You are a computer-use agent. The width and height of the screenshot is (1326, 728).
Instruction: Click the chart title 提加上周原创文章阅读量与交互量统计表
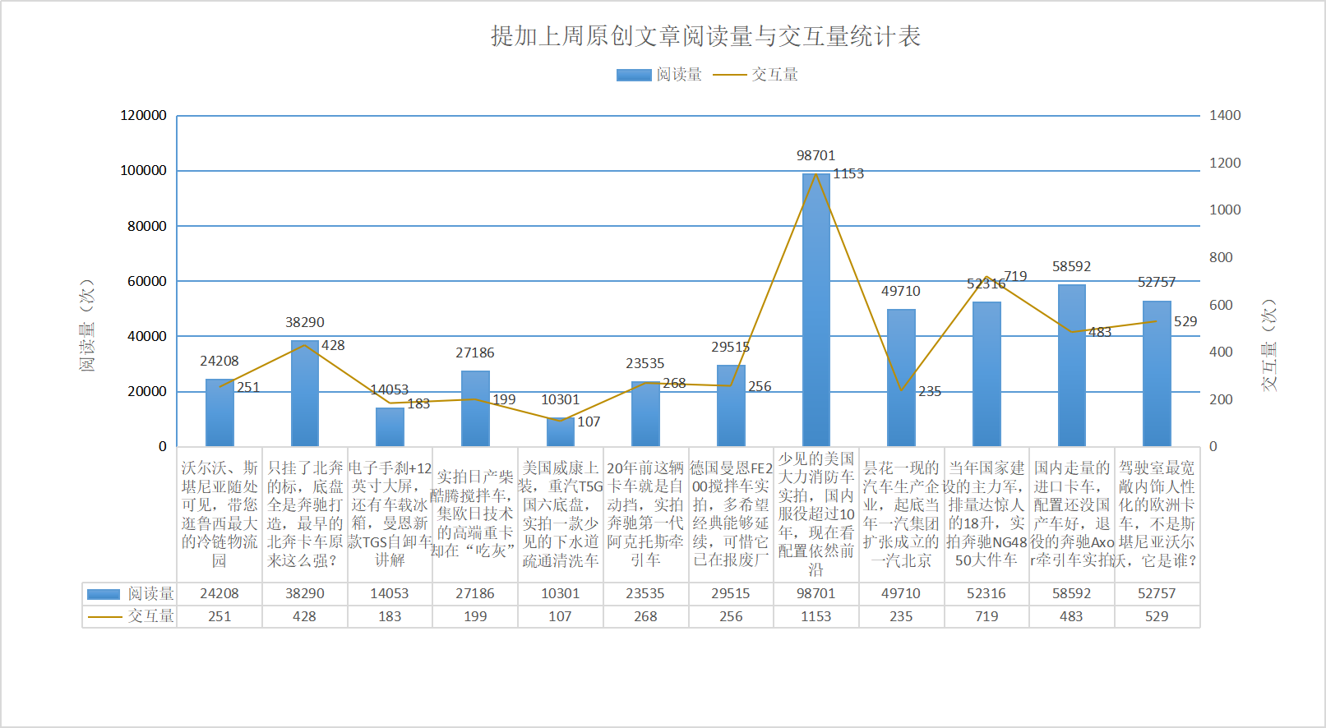[705, 36]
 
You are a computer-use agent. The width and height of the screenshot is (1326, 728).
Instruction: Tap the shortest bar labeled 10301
[560, 432]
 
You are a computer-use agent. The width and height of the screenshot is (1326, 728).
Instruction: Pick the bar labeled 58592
[1071, 365]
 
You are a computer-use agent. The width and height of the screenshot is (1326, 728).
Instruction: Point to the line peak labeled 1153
[815, 173]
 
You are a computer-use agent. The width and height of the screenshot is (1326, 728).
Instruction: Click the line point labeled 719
[986, 277]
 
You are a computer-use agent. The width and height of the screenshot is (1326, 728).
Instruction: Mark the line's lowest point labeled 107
[560, 421]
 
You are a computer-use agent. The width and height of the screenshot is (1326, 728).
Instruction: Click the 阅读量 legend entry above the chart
[660, 75]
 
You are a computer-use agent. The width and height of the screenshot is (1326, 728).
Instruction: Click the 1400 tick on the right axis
[1224, 116]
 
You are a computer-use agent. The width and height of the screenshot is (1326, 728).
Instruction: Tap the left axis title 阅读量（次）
[86, 325]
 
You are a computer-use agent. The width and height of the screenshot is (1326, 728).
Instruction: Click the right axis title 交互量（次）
[1269, 344]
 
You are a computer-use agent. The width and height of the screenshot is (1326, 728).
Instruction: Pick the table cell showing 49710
[901, 593]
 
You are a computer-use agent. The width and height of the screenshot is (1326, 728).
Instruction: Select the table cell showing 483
[1071, 616]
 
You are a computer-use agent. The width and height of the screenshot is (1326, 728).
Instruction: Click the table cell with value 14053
[390, 593]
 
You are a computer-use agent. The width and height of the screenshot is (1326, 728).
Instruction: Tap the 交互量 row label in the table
[132, 616]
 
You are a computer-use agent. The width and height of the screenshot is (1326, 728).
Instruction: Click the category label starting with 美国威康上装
[560, 514]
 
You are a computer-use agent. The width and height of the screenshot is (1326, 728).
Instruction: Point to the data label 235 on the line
[930, 392]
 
